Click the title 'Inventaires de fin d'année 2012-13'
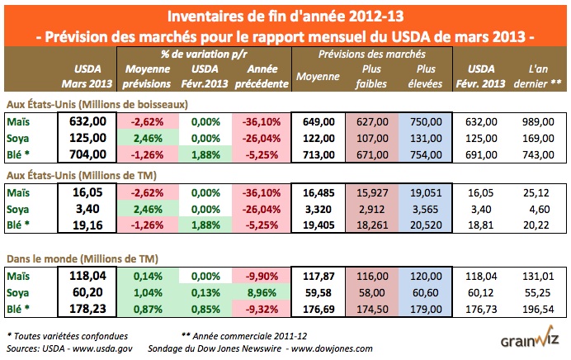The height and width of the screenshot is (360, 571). [x=285, y=16]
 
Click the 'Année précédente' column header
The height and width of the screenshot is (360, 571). [x=261, y=75]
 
